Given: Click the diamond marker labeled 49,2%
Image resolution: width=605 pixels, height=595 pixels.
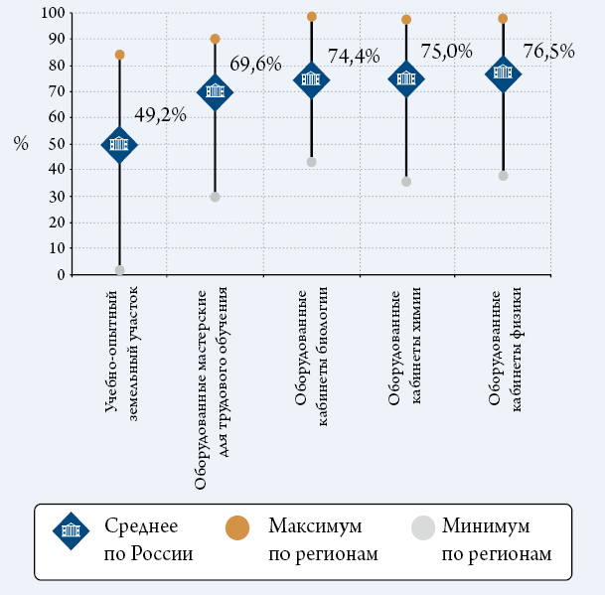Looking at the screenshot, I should pos(119,144).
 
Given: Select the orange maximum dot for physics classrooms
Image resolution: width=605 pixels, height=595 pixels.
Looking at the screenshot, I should pos(503,18).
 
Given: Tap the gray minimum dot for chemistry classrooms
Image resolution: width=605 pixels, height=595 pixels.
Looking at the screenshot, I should pos(406,182).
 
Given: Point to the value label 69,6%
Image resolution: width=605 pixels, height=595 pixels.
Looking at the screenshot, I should pos(257,64).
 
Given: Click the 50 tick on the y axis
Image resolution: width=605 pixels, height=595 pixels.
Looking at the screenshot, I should pos(58,144).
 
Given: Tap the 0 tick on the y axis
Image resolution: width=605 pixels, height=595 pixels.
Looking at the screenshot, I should pos(62,274).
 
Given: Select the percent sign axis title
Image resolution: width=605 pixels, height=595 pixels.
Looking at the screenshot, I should pos(21,144).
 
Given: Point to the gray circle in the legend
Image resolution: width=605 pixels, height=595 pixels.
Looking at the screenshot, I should pos(423,528).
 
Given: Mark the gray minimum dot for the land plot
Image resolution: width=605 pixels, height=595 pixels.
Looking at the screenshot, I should pos(119,270).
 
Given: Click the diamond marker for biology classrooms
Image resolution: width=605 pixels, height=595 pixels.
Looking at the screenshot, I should pos(311,79).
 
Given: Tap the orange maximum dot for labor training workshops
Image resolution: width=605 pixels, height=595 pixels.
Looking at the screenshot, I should pos(216,39).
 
